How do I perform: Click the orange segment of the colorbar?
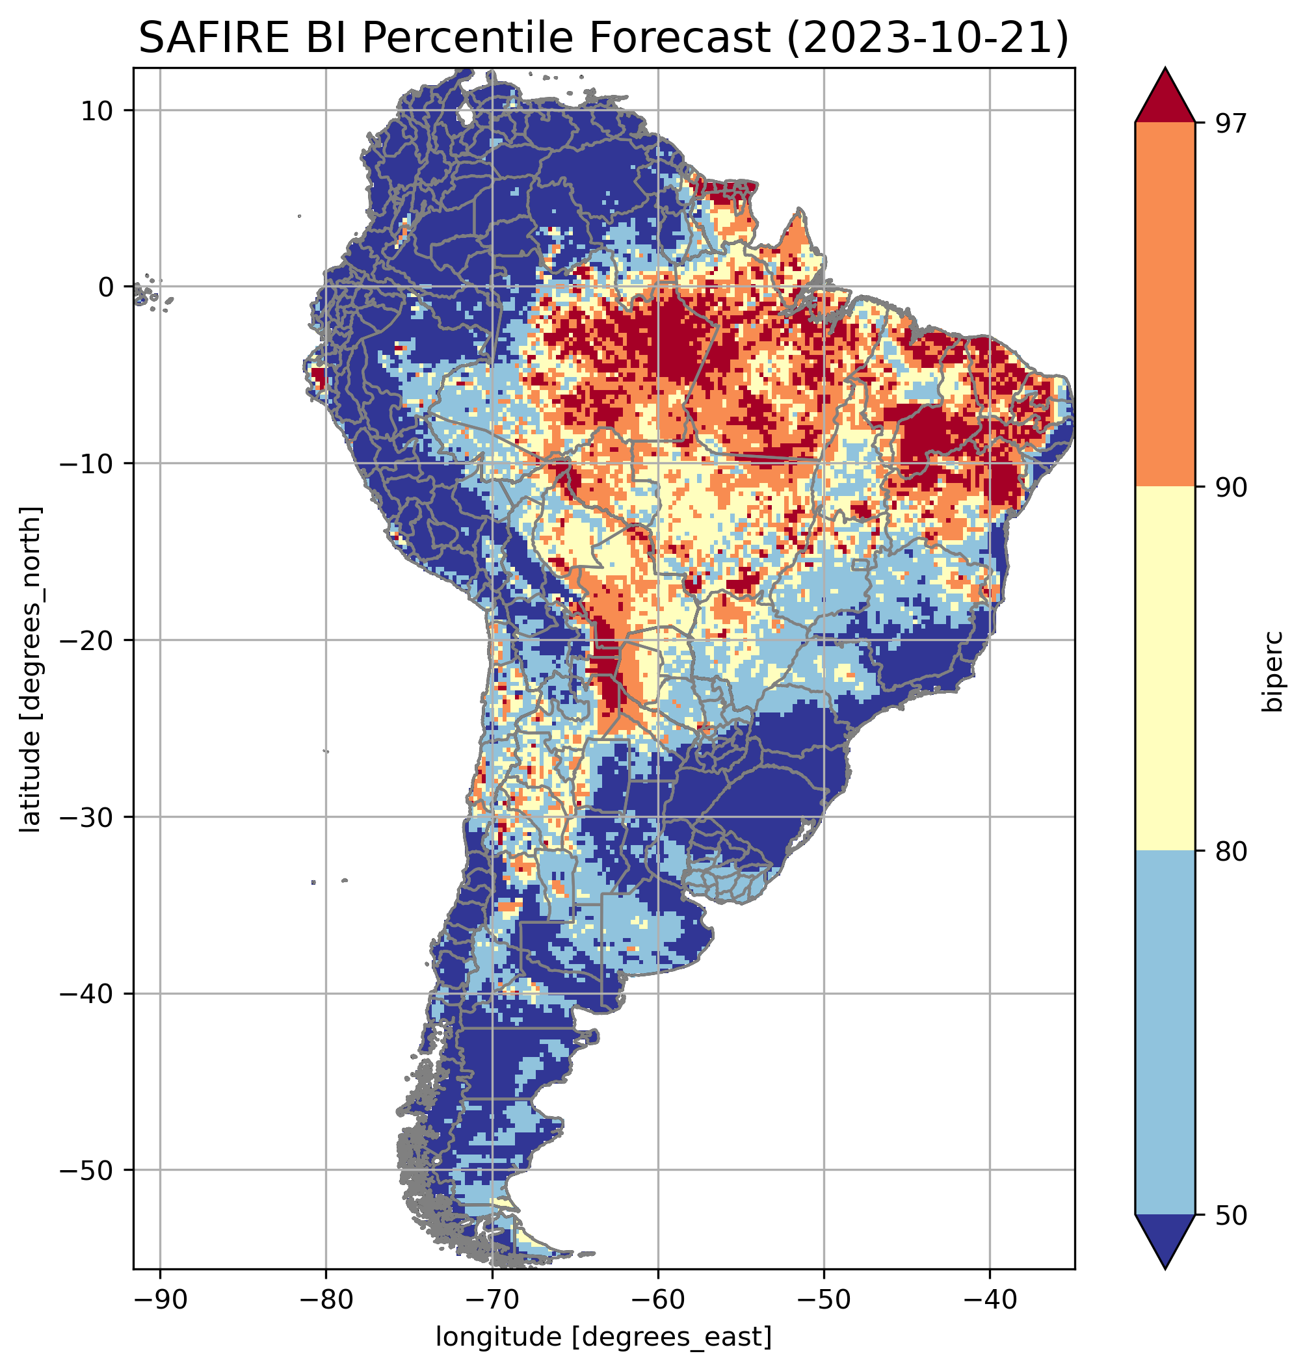(1165, 305)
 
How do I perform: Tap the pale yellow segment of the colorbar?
(1165, 669)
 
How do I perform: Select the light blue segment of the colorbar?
(1165, 1034)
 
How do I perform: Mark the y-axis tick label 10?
(98, 111)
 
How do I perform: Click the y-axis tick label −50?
(86, 1171)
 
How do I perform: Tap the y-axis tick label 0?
(106, 287)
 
